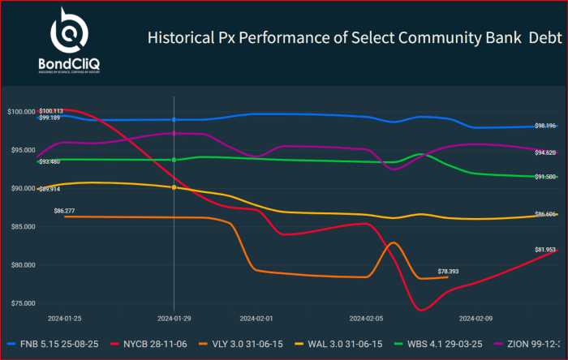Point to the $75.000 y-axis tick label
point(21,303)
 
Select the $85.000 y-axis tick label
point(21,226)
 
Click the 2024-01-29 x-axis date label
point(173,319)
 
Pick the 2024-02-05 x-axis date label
point(366,319)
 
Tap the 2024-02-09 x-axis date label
point(476,319)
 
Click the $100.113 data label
point(50,110)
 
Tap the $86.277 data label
point(64,211)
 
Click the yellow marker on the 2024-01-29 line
point(174,187)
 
